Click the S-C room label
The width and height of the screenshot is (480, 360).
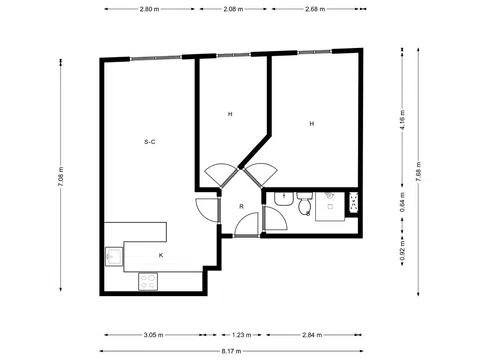(x=149, y=143)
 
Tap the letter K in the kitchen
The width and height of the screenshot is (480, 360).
(x=160, y=256)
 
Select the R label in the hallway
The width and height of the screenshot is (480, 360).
(x=241, y=207)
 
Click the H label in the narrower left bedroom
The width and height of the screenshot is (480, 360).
(x=230, y=115)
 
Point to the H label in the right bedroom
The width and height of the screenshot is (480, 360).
(x=311, y=124)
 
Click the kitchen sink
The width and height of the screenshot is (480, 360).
(x=113, y=258)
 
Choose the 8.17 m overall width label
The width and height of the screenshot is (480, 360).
(x=231, y=351)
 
